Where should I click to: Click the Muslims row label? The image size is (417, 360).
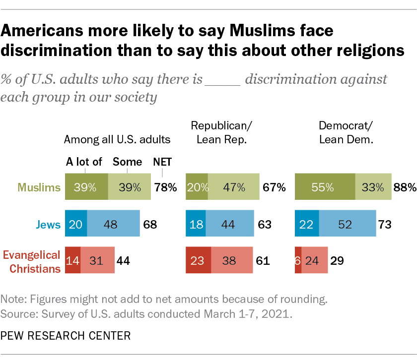pos(39,187)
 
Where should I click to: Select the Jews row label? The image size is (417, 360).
pos(51,225)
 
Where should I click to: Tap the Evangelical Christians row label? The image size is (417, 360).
pos(32,261)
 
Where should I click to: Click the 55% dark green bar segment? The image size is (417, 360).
pos(325,187)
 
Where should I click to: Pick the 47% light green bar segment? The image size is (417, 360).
pos(233,187)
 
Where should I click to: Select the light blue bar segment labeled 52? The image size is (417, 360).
pos(347,225)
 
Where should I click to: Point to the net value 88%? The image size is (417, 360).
pos(405,187)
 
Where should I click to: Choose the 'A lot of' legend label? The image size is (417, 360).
pos(84,162)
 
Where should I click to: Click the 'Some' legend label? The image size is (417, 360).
pos(127,162)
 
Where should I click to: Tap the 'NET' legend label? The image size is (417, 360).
pos(162,162)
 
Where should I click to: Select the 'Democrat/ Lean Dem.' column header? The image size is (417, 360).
pos(346,133)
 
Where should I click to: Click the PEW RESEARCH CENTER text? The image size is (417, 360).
pos(66,336)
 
